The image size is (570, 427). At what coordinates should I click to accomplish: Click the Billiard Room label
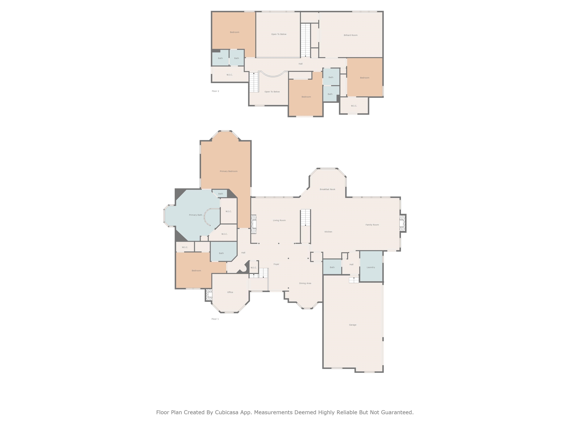pyautogui.click(x=350, y=35)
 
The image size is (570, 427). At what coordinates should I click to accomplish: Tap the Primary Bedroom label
pyautogui.click(x=229, y=171)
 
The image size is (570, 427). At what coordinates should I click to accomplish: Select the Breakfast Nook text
pyautogui.click(x=327, y=189)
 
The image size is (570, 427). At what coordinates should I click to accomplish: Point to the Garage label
pyautogui.click(x=353, y=325)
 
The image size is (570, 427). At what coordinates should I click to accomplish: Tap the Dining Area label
pyautogui.click(x=305, y=283)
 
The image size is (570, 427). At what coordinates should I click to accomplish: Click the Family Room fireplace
pyautogui.click(x=402, y=223)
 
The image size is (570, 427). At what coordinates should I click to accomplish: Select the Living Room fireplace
pyautogui.click(x=254, y=224)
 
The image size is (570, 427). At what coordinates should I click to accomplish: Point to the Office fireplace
pyautogui.click(x=209, y=295)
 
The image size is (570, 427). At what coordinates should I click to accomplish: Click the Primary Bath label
pyautogui.click(x=196, y=215)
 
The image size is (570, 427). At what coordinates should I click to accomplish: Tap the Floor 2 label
pyautogui.click(x=215, y=91)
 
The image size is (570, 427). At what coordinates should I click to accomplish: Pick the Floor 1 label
pyautogui.click(x=215, y=319)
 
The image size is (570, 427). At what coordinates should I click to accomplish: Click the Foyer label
pyautogui.click(x=276, y=264)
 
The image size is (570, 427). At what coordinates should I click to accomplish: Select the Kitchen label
pyautogui.click(x=328, y=232)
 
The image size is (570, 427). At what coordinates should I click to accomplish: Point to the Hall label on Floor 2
pyautogui.click(x=300, y=64)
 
